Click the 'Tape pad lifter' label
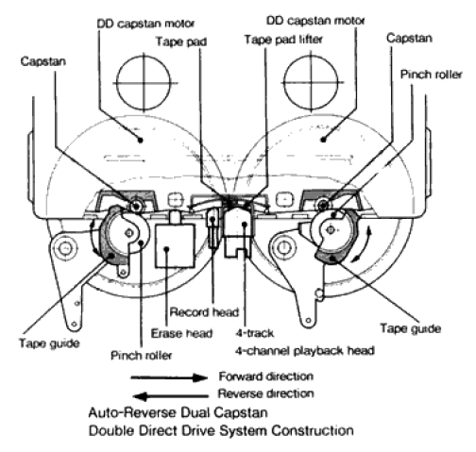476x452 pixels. click(283, 40)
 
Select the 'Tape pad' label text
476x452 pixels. click(181, 42)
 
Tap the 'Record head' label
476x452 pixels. click(204, 312)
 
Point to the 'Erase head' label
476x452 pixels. click(181, 333)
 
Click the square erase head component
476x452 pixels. click(175, 245)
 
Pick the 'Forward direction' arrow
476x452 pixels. click(169, 377)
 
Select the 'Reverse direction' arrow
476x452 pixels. click(170, 396)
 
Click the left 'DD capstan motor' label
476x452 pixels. click(145, 24)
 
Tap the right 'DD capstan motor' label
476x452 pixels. click(315, 21)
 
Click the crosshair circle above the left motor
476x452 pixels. click(144, 83)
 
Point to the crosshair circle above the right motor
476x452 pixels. click(311, 82)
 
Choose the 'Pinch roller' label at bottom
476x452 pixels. click(142, 356)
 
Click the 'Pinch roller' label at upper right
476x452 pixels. click(431, 75)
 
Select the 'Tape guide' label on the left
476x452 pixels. click(49, 343)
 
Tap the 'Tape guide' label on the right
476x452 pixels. click(410, 328)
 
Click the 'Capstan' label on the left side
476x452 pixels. click(43, 61)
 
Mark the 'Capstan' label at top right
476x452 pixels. click(409, 38)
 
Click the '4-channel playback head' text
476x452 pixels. click(305, 350)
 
